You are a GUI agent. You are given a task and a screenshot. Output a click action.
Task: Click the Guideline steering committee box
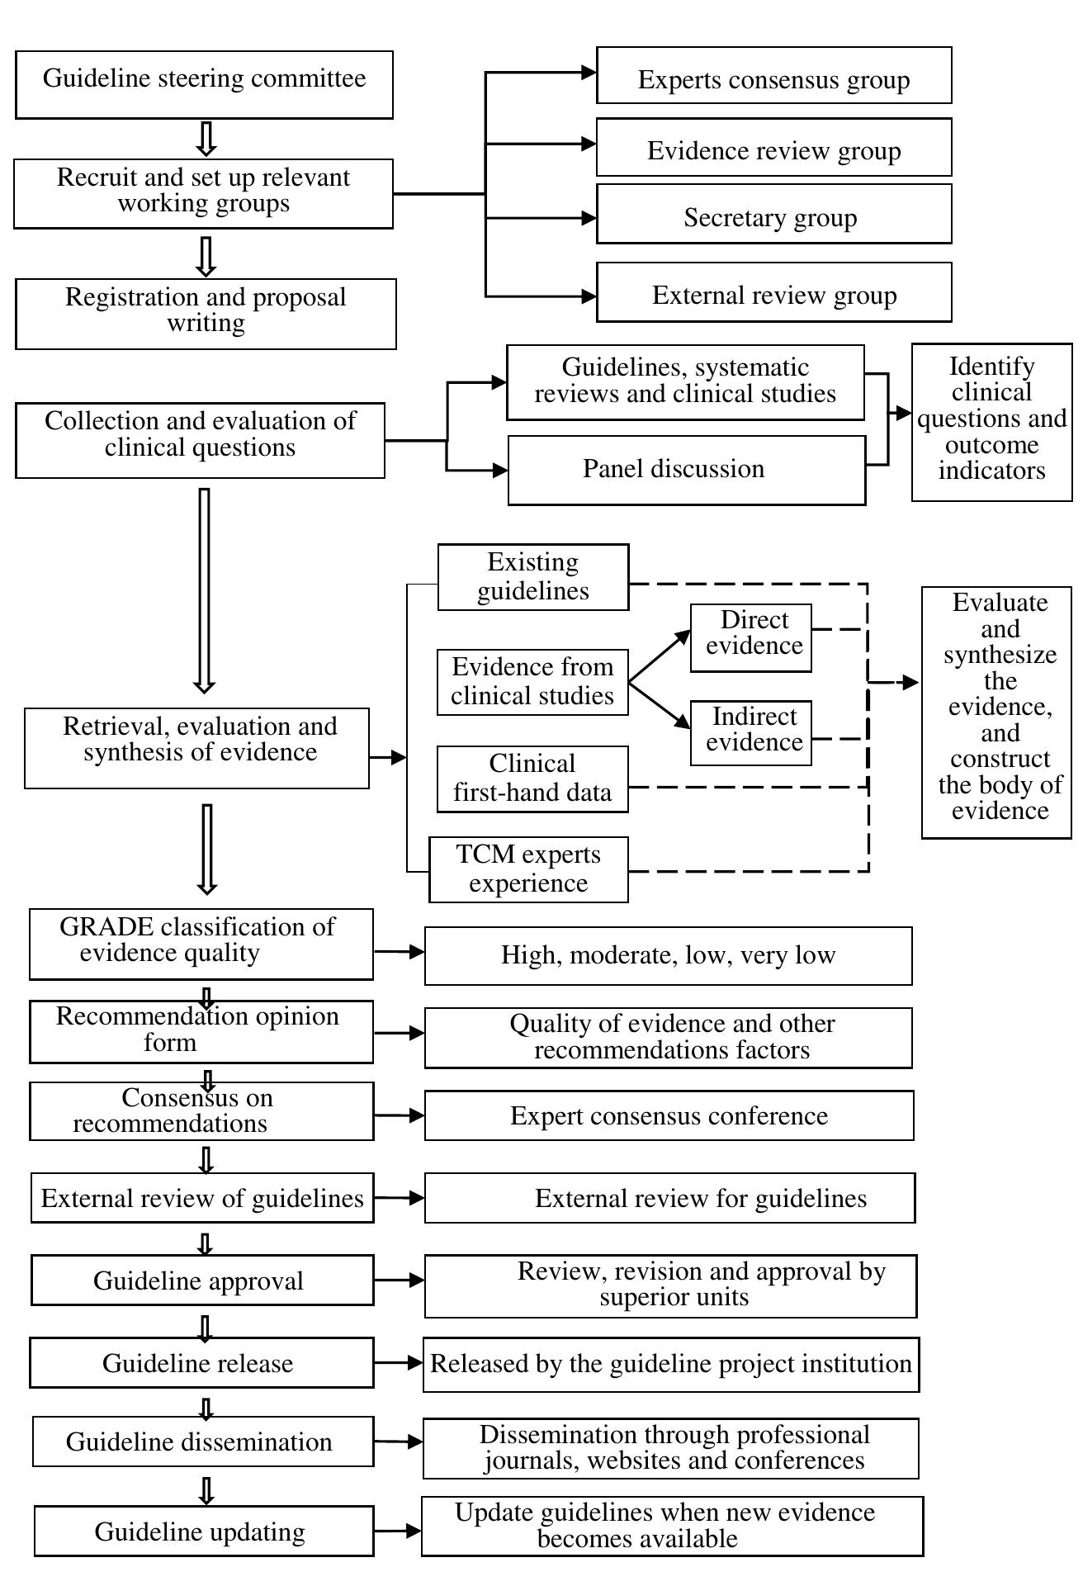[x=204, y=84]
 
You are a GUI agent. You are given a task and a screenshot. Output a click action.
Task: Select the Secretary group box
[x=773, y=214]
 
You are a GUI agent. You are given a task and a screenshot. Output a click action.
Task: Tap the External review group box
[x=773, y=292]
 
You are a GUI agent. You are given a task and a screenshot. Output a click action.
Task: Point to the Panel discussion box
[x=686, y=470]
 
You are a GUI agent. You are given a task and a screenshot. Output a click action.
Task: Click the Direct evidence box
[x=750, y=638]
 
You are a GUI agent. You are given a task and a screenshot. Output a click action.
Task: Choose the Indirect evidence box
[x=750, y=733]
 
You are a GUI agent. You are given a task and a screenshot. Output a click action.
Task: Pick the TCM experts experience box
[x=528, y=869]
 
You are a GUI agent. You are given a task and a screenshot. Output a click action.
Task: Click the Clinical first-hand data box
[x=532, y=779]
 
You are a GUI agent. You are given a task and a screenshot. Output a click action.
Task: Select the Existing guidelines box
[x=532, y=577]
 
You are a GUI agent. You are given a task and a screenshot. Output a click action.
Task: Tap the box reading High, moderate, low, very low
[x=668, y=955]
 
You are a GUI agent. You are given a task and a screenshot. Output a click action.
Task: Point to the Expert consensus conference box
[x=669, y=1115]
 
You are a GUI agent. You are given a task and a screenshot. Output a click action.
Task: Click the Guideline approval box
[x=202, y=1281]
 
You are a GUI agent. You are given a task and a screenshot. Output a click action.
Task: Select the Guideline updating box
[x=204, y=1532]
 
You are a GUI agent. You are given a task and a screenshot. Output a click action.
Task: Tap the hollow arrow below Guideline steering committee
[x=206, y=139]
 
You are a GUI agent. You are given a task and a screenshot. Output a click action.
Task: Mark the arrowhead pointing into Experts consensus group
[x=589, y=73]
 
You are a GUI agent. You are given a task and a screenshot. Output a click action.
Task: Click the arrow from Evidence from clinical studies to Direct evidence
[x=659, y=656]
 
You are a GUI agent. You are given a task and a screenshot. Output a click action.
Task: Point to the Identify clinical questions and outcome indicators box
[x=991, y=422]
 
